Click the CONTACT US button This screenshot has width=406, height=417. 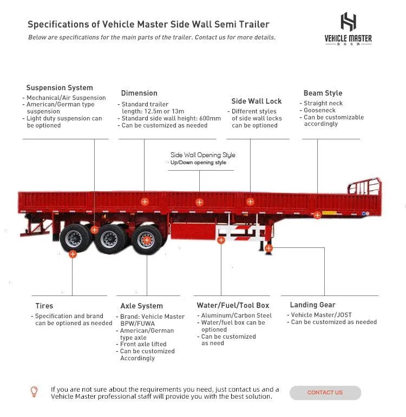325,393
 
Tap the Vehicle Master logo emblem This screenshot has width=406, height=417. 348,22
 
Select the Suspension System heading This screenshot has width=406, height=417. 60,88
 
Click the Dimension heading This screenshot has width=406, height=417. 139,93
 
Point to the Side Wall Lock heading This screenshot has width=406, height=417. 257,101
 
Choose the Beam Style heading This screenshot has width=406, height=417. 323,93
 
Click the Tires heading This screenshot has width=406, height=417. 44,306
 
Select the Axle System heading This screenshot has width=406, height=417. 142,306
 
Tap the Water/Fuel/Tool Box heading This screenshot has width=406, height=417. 233,305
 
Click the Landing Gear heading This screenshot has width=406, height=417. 312,305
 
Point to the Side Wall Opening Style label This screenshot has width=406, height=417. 203,155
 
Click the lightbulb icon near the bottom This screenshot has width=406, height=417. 34,391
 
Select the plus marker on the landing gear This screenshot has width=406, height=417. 269,248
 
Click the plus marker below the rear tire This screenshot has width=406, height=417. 73,254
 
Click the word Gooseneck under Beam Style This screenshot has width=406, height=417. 319,110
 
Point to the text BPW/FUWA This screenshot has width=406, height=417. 137,324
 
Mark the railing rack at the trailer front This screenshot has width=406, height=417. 364,191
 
